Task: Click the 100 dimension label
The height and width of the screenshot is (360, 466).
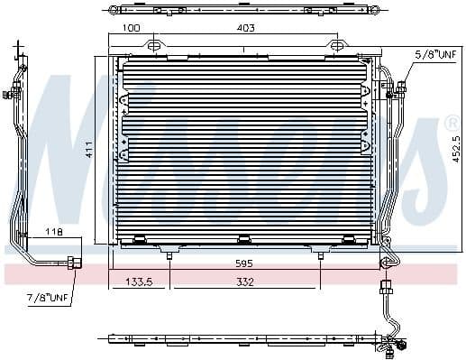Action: [132, 28]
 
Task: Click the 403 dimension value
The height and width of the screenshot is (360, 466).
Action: [245, 28]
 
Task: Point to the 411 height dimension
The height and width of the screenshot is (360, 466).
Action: [89, 150]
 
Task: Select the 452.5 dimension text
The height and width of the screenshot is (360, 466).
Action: [456, 150]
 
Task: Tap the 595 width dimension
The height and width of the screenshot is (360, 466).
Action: [244, 263]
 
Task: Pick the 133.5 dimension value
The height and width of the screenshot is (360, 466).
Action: [139, 282]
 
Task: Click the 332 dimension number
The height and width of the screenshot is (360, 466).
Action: [245, 282]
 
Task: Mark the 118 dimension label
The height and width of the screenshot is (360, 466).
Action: [54, 232]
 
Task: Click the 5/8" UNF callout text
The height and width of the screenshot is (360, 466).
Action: [435, 54]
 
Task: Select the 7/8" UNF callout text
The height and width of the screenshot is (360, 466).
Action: [48, 298]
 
